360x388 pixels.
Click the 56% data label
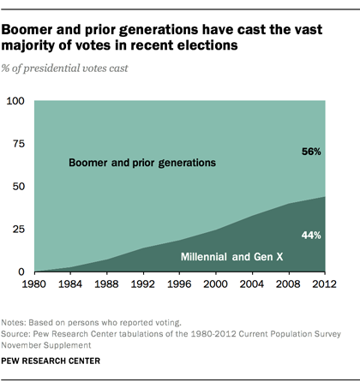[x=311, y=152]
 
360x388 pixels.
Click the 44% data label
[x=311, y=235]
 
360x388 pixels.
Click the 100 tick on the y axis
[x=15, y=101]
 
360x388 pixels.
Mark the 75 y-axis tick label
[x=19, y=144]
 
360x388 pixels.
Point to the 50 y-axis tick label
[x=19, y=187]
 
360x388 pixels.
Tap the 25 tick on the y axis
[x=19, y=230]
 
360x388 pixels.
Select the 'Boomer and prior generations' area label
[x=142, y=162]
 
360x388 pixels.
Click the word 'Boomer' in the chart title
[x=35, y=29]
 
